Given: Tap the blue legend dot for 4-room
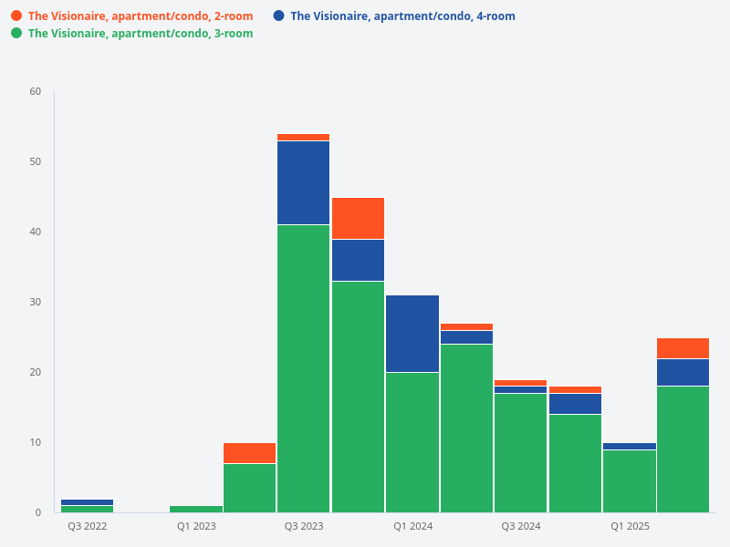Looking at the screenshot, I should pos(279,15).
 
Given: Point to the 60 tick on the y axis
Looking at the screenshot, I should pos(36,91).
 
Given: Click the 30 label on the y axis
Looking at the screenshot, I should pos(36,302).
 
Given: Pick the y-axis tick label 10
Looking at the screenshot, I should pos(36,442).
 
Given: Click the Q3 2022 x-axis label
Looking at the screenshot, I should pos(88,526).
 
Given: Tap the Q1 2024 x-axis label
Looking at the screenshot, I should pos(412,526).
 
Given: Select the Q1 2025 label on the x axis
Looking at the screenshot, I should pos(630,526).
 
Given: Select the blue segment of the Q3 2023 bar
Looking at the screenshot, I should pos(304,182).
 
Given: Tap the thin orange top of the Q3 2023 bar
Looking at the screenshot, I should pos(304,137).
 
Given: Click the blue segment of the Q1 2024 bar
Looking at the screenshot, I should pos(412,334).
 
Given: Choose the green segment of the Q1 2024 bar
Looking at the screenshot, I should pos(412,442).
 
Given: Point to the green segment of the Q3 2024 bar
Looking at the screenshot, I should pos(521,452).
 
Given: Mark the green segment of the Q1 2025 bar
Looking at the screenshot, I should pos(630,480).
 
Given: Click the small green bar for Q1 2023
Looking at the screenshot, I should pos(196,509).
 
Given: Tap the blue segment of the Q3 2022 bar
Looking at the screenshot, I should pos(88,502).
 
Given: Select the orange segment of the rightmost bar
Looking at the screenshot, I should pos(683,348).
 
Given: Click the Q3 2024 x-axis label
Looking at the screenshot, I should pos(521,526).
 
